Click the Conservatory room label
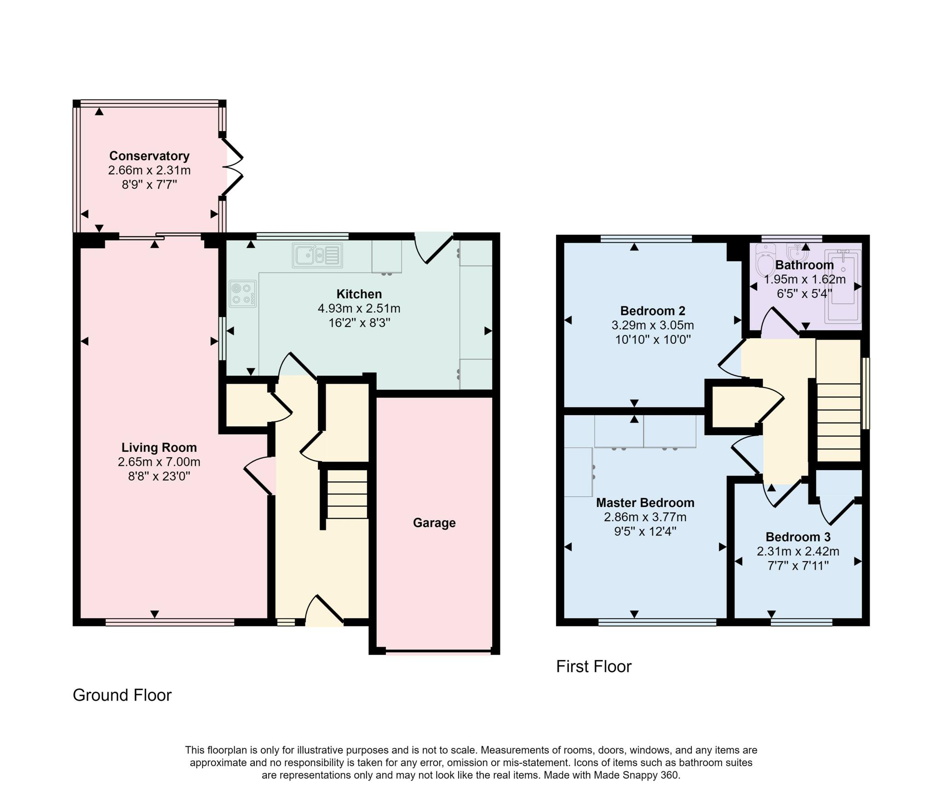click(149, 156)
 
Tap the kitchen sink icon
click(317, 256)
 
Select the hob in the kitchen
click(243, 294)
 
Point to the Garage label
click(434, 523)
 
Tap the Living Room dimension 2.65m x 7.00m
click(159, 461)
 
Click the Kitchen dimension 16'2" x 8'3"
click(359, 323)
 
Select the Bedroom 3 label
click(798, 537)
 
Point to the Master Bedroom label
click(645, 502)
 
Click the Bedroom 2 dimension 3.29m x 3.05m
click(653, 325)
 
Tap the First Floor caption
click(594, 666)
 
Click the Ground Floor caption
click(122, 695)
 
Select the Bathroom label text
click(804, 265)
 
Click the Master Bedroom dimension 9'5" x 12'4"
click(645, 532)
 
